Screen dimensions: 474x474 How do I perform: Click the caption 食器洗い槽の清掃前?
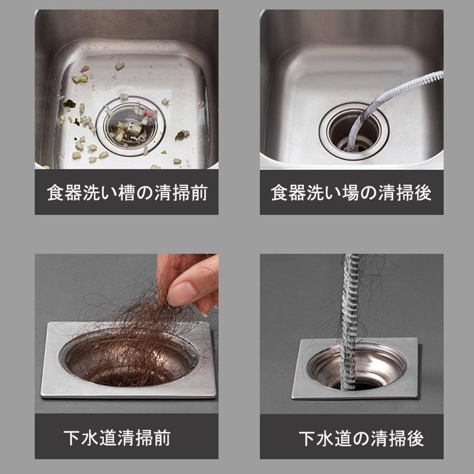(127, 193)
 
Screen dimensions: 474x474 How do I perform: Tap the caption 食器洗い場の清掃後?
(351, 193)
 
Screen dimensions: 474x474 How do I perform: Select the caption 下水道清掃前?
(117, 437)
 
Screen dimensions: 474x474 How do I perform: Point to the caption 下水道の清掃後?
(361, 438)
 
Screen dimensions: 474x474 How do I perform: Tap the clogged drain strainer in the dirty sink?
(130, 126)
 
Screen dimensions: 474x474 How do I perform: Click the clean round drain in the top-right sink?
(354, 132)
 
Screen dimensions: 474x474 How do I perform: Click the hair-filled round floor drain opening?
(129, 358)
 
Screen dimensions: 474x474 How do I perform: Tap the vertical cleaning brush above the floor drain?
(350, 321)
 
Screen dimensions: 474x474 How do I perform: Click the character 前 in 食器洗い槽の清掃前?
(199, 193)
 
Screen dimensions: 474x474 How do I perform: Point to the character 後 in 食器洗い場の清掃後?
(422, 193)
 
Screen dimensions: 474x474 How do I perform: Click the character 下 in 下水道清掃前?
(72, 437)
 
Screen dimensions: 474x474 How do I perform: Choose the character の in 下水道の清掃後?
(361, 438)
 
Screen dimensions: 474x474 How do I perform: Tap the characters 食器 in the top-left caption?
(65, 193)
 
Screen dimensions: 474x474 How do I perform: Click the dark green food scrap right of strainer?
(182, 135)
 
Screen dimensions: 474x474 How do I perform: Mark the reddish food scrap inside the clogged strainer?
(150, 113)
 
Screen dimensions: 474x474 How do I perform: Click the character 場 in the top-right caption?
(351, 193)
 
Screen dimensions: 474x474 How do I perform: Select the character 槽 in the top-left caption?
(127, 193)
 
